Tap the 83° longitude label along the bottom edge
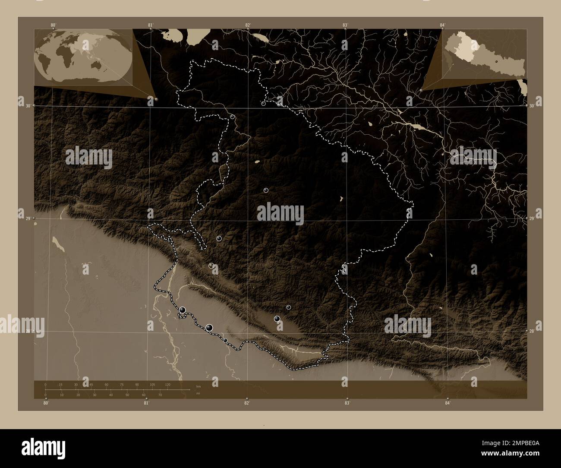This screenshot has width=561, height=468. (347, 403)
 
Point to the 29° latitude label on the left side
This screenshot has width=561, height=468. (28, 219)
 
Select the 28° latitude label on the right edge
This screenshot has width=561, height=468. (532, 331)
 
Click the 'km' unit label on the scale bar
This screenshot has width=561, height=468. (199, 386)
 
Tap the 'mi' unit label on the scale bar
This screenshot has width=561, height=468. (198, 393)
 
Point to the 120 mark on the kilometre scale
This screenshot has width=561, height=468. (167, 384)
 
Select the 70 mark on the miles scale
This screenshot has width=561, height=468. (160, 395)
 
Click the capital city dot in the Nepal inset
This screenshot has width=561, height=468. (497, 62)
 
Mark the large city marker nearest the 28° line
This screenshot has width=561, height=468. (209, 328)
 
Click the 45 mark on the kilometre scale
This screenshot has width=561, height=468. (91, 384)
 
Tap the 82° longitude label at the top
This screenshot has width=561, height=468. (248, 25)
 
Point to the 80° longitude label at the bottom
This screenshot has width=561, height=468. (46, 403)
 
